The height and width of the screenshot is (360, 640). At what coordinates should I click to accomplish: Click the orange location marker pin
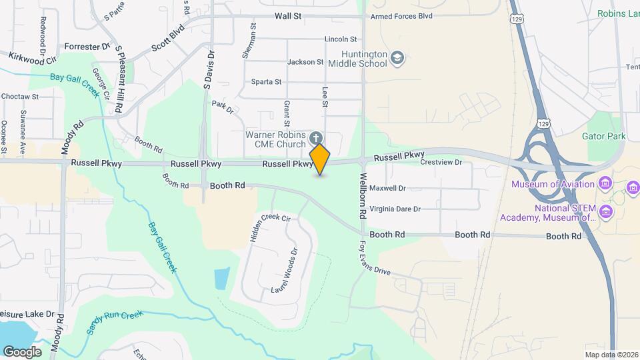[320, 159]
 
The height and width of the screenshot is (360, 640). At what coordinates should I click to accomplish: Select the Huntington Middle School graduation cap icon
[397, 58]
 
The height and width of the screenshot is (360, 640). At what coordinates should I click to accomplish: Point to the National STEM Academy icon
[605, 212]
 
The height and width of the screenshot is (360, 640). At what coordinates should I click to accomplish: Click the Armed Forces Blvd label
[401, 16]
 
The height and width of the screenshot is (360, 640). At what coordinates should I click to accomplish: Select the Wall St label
[287, 16]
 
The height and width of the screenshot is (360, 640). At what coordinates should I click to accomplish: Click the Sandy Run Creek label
[114, 321]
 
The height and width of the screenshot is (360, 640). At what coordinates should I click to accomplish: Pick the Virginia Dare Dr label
[395, 209]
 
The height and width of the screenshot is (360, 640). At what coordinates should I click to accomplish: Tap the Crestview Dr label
[441, 162]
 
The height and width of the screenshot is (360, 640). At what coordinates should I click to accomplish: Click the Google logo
[22, 351]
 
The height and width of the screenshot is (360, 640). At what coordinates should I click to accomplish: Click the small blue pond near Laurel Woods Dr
[222, 278]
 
